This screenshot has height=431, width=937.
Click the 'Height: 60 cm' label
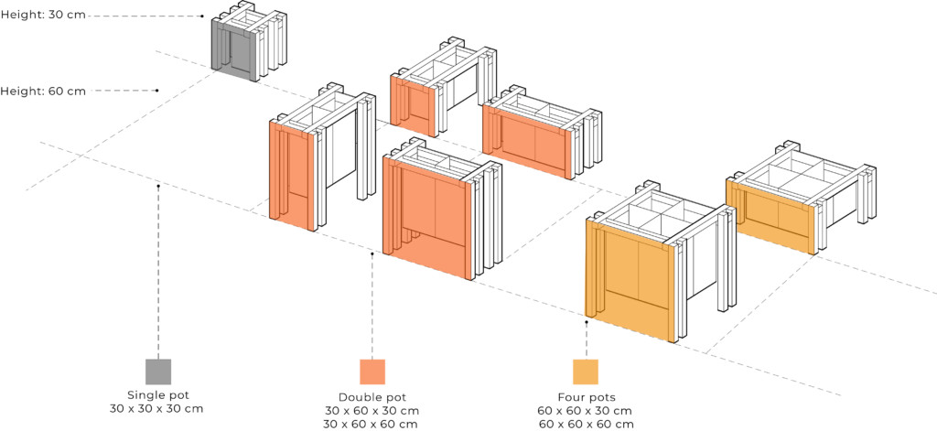point(43,91)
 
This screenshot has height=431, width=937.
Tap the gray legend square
point(158,372)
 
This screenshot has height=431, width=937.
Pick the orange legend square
point(372,372)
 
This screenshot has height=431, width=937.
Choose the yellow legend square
point(585,372)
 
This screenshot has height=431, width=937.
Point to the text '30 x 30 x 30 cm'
point(156,408)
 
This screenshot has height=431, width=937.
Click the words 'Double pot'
point(372,397)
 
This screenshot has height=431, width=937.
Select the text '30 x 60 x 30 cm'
point(372,410)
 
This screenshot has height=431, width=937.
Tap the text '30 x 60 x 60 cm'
point(372,424)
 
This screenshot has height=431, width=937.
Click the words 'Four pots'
point(585,397)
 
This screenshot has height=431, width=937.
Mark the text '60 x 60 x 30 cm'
point(585,410)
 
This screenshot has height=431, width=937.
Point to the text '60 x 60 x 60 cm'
point(585,424)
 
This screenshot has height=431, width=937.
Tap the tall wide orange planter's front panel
point(428,216)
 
